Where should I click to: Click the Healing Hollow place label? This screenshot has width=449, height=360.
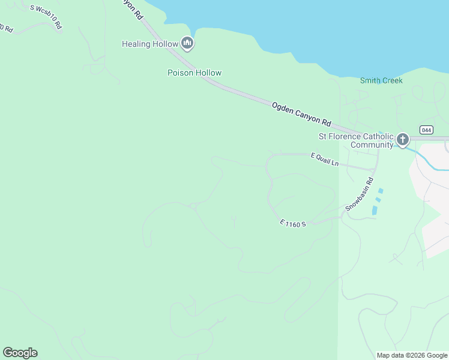point(150,44)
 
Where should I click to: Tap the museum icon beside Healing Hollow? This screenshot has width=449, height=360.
point(187,43)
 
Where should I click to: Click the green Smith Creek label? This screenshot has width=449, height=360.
point(381,80)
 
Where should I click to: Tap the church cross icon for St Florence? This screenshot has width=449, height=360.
point(402,140)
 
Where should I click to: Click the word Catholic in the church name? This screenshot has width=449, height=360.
point(376,136)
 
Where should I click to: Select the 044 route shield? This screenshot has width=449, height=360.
point(426,130)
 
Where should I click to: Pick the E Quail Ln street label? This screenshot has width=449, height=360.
point(325,159)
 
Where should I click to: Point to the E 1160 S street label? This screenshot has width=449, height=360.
point(293,223)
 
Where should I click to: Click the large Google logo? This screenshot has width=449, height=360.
point(20,353)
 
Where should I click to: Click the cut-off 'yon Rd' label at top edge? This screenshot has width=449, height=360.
point(133,8)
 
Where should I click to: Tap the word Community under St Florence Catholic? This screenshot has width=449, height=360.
point(372,145)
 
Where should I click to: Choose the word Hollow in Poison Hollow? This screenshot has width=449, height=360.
point(208,73)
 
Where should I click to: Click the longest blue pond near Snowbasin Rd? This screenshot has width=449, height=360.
point(375,211)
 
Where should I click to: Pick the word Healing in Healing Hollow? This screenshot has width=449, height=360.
point(136,44)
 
